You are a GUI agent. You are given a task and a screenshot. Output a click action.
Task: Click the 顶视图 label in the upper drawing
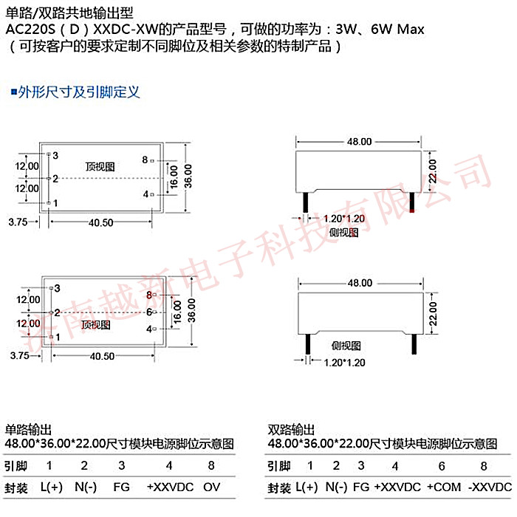(100, 167)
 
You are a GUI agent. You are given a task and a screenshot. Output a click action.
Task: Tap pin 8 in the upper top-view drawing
(145, 160)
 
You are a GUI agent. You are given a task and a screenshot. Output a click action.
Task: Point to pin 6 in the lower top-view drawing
(148, 312)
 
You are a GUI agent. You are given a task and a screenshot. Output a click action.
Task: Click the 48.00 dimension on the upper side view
(359, 141)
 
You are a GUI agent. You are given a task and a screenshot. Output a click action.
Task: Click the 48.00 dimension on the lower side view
(359, 283)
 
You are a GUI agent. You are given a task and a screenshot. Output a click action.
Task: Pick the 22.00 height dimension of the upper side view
(434, 171)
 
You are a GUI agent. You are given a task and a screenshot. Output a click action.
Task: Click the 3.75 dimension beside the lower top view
(18, 355)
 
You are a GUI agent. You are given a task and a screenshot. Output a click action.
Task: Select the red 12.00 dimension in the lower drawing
(28, 323)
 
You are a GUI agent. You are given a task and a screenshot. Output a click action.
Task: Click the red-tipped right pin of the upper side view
(412, 202)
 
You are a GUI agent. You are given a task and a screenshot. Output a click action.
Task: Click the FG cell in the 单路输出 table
(121, 488)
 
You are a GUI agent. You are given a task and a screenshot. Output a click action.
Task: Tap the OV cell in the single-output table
(212, 488)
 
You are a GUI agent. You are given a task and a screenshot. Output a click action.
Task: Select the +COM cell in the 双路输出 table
(443, 488)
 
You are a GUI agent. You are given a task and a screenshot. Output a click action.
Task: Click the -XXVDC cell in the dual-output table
(490, 488)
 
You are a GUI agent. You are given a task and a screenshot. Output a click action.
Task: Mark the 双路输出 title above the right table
(291, 429)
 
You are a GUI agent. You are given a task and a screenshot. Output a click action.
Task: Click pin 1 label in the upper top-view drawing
(55, 202)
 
